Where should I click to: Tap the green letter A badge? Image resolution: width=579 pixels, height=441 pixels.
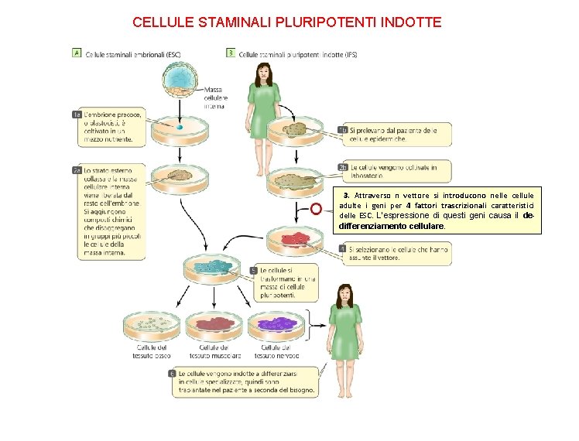point(77,53)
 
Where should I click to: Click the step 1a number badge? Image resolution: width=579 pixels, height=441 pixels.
point(77,115)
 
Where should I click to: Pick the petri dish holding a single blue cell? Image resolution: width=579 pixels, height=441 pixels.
point(179,129)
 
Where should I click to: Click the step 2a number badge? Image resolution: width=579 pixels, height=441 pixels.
point(77,170)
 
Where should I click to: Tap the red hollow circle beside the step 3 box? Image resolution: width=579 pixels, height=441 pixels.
point(316,209)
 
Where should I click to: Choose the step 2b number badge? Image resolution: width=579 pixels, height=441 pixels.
point(342,167)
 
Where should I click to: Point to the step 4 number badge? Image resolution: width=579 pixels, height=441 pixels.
point(342,249)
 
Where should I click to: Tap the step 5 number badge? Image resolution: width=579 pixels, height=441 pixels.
point(254,270)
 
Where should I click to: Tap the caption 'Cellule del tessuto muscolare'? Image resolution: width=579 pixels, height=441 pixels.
point(216,352)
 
